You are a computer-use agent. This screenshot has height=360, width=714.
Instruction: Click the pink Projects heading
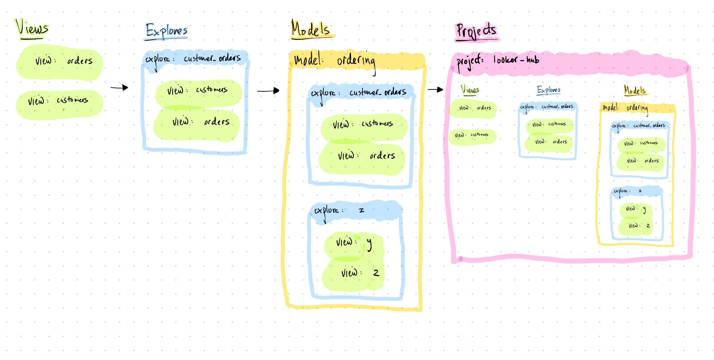[x=477, y=31]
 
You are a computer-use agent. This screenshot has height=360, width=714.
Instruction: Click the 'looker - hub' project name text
[x=516, y=59]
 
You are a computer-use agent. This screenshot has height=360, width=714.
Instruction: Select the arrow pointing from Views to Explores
[x=119, y=87]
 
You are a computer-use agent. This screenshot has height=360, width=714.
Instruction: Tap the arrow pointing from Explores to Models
[x=268, y=91]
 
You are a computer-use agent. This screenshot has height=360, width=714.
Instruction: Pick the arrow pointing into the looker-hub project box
[x=435, y=89]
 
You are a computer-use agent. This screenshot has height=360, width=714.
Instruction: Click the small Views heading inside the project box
[x=470, y=89]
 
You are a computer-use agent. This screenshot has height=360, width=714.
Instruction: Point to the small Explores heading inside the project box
[x=549, y=90]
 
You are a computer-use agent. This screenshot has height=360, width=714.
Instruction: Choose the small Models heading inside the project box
[x=635, y=90]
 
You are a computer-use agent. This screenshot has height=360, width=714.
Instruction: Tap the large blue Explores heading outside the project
[x=166, y=31]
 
